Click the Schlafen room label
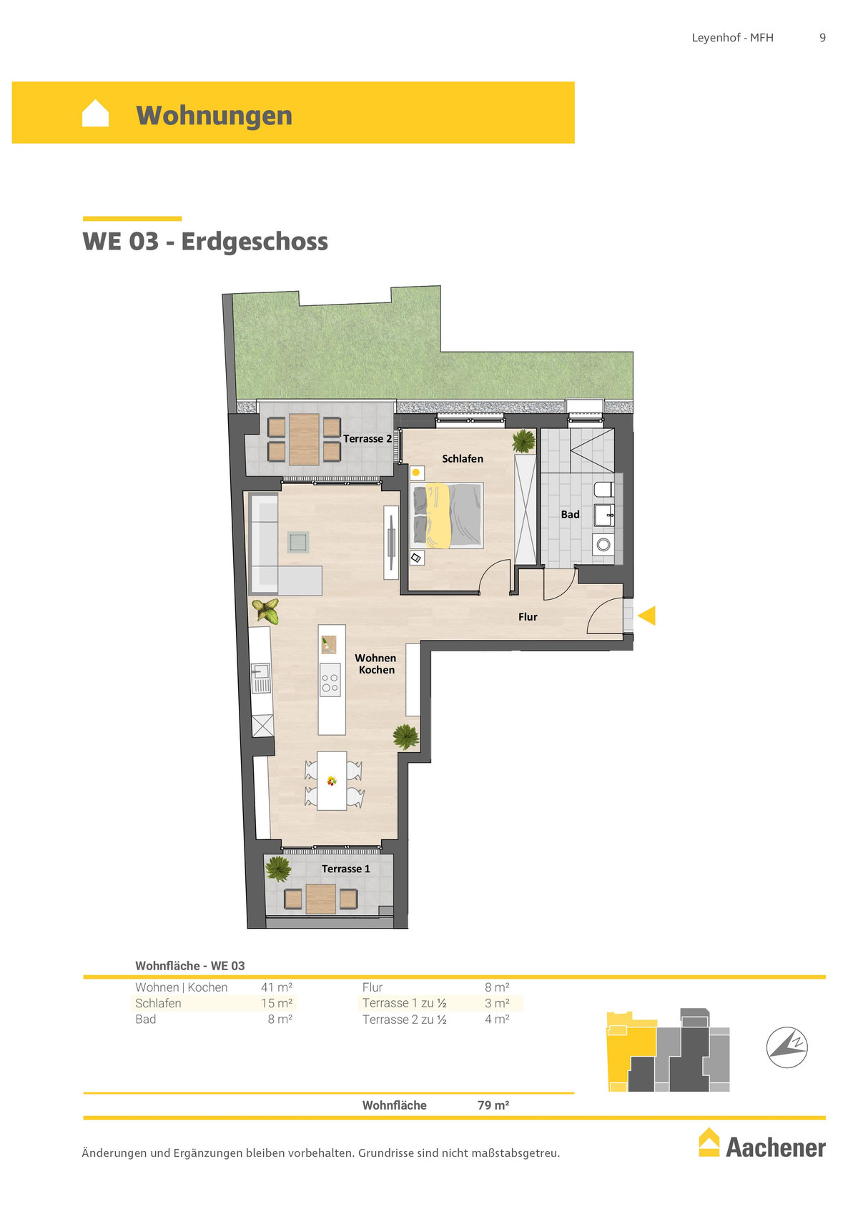click(463, 458)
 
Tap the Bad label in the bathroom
click(570, 514)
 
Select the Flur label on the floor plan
click(528, 617)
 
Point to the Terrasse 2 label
click(368, 438)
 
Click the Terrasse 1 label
click(346, 869)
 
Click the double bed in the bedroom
click(447, 516)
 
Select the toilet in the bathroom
click(603, 490)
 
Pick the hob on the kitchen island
click(330, 683)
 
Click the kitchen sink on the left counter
click(261, 678)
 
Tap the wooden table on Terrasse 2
click(304, 439)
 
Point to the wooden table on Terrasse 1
click(321, 899)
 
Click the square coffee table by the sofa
click(297, 542)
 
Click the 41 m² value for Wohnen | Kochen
click(277, 987)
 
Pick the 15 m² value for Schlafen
click(277, 1003)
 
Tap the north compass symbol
click(786, 1047)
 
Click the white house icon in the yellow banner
click(95, 113)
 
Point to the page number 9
click(822, 37)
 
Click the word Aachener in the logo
click(776, 1148)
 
